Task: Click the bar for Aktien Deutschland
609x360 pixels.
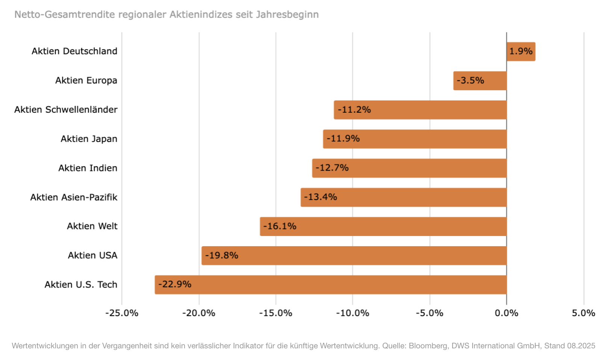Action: pyautogui.click(x=521, y=51)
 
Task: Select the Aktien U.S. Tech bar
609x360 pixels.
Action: pyautogui.click(x=331, y=284)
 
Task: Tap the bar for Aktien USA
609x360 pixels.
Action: pyautogui.click(x=354, y=256)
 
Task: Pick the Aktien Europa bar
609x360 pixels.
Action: pyautogui.click(x=480, y=81)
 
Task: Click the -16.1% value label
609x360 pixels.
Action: pyautogui.click(x=280, y=226)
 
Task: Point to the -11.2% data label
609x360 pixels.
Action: pyautogui.click(x=354, y=110)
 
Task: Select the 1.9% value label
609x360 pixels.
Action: pyautogui.click(x=521, y=51)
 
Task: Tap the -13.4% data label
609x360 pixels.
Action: pyautogui.click(x=320, y=197)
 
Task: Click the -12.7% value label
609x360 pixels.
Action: pyautogui.click(x=332, y=168)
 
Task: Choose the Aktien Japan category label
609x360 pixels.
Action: pyautogui.click(x=89, y=139)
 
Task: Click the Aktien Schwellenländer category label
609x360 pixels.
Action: pyautogui.click(x=66, y=110)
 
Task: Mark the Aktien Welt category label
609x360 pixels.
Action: pyautogui.click(x=92, y=226)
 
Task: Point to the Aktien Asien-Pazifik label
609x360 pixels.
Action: pyautogui.click(x=74, y=197)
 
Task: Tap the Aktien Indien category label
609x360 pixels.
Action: pyautogui.click(x=88, y=168)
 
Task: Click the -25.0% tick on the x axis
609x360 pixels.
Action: pyautogui.click(x=122, y=313)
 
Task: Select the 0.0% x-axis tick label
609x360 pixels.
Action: pyautogui.click(x=506, y=313)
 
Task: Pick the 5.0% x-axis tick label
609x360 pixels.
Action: pyautogui.click(x=583, y=313)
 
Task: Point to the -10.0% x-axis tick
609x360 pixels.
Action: pyautogui.click(x=353, y=313)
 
